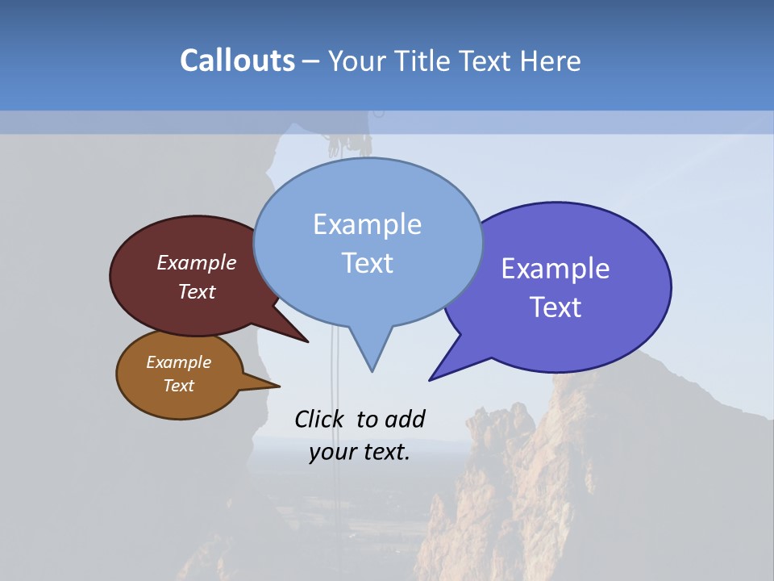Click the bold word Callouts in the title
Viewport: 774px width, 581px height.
[x=237, y=61]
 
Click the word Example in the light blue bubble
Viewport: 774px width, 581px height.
[x=367, y=224]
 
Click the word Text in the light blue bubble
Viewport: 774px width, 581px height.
[x=367, y=263]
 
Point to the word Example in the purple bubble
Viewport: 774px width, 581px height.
[x=556, y=269]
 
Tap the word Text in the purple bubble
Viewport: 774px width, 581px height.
[x=556, y=307]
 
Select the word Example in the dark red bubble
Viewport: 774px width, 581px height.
[x=196, y=263]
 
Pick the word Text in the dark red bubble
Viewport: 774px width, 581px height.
[x=196, y=292]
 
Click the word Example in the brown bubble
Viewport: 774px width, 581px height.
[x=178, y=362]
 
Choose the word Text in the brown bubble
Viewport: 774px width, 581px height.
[x=178, y=386]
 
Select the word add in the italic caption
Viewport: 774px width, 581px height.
[x=405, y=419]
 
